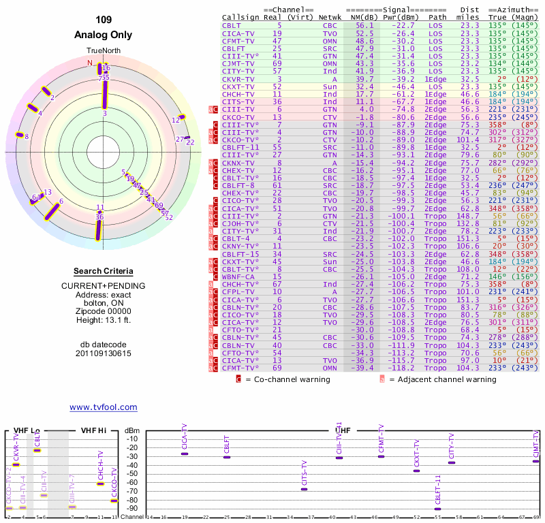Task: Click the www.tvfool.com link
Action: coord(103,407)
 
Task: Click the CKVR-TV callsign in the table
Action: coord(238,79)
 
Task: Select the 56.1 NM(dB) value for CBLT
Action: coord(364,25)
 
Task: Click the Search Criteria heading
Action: coord(103,271)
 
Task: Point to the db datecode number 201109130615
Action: coord(103,353)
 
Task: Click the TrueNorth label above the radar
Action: coord(103,52)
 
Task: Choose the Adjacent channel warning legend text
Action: coord(442,379)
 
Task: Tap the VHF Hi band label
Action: coord(93,430)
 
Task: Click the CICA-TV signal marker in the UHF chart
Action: coord(185,454)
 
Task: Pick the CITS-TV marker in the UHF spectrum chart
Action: coord(304,489)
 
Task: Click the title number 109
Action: coord(103,20)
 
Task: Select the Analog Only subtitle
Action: coord(103,34)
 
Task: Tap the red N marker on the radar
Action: coord(89,63)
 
